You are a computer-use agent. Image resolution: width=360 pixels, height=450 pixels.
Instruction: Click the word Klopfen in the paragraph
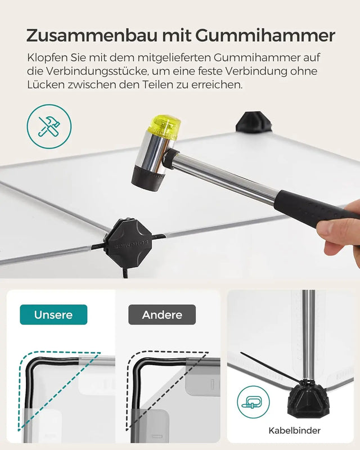[46, 58]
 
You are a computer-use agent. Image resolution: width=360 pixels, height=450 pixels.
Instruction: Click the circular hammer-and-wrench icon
[49, 127]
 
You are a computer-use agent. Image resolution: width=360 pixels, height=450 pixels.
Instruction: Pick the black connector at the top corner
[254, 122]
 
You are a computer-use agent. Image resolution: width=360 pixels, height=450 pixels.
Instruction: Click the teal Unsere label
[53, 314]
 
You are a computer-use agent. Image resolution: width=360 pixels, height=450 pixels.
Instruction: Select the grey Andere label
[162, 314]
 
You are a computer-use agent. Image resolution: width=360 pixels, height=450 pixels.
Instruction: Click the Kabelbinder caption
[294, 430]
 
